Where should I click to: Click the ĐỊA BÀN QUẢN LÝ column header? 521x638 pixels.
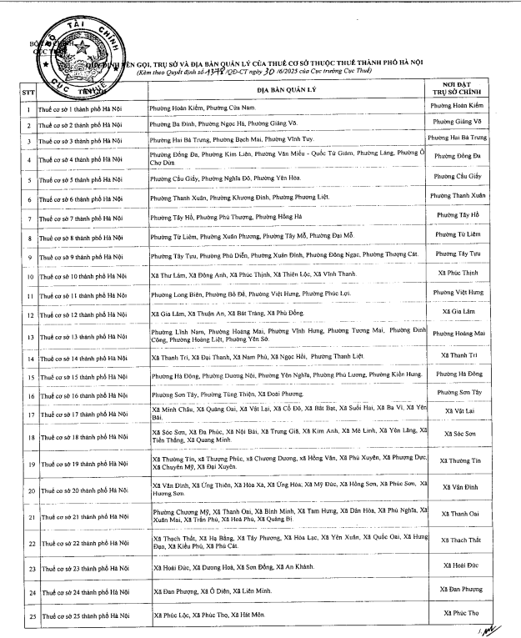point(284,89)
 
